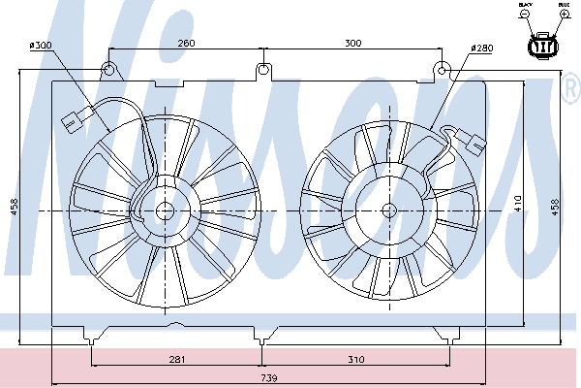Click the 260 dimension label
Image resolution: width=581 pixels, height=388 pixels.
pos(186,43)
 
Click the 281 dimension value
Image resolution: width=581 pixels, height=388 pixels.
pos(176,360)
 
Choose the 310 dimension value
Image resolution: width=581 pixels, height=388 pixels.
pos(355,360)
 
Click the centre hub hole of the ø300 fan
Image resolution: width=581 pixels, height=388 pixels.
pos(165,210)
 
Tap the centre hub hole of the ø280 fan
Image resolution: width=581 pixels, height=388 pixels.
pos(389,210)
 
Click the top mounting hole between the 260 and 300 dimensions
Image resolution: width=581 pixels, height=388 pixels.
pos(263,70)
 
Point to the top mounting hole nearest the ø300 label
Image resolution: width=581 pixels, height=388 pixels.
pos(109,69)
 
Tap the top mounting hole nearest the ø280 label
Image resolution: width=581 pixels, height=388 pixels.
pos(441,69)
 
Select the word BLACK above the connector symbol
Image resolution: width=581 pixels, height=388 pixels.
pos(526,6)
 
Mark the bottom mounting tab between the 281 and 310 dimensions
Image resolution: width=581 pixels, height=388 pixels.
pos(260,336)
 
